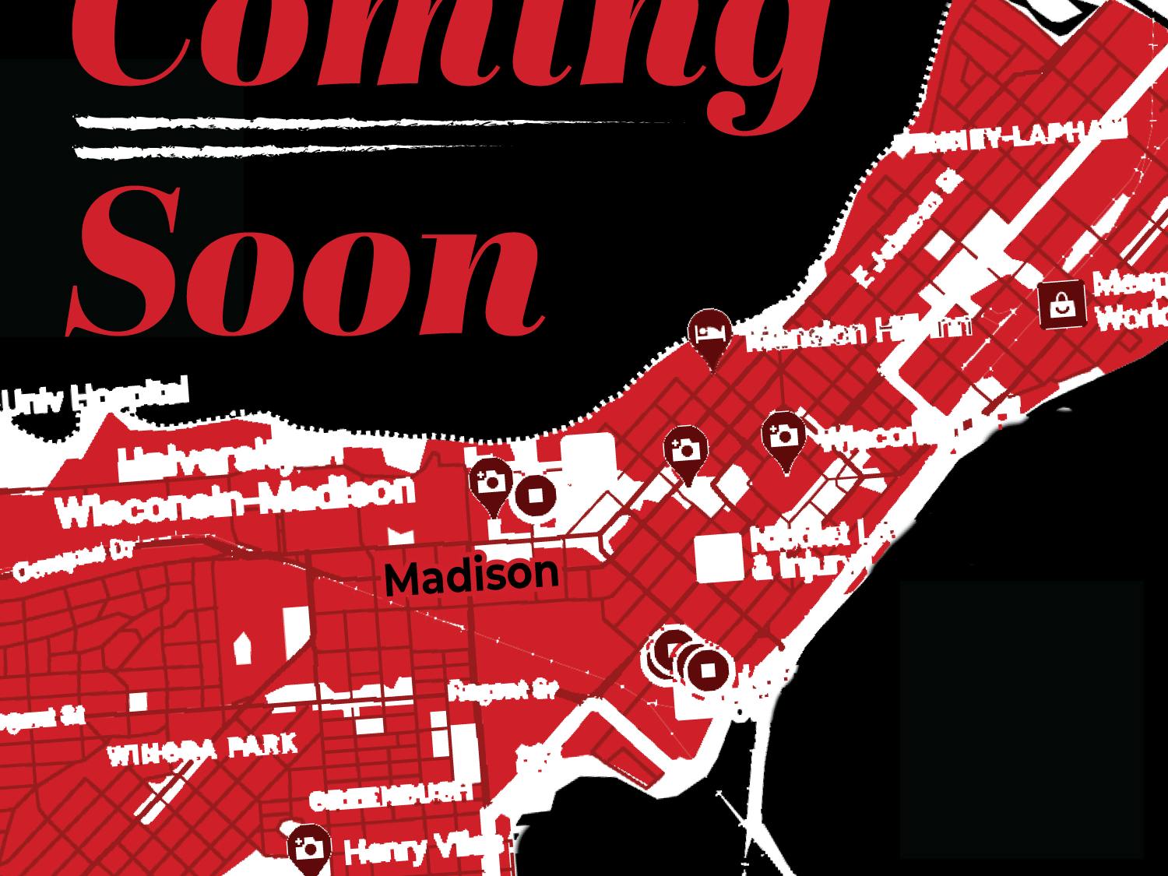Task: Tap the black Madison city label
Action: [472, 575]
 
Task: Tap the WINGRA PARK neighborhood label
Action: [202, 748]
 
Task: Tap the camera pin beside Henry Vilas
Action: [309, 847]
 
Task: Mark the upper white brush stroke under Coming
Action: [374, 122]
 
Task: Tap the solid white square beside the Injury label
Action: [719, 558]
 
